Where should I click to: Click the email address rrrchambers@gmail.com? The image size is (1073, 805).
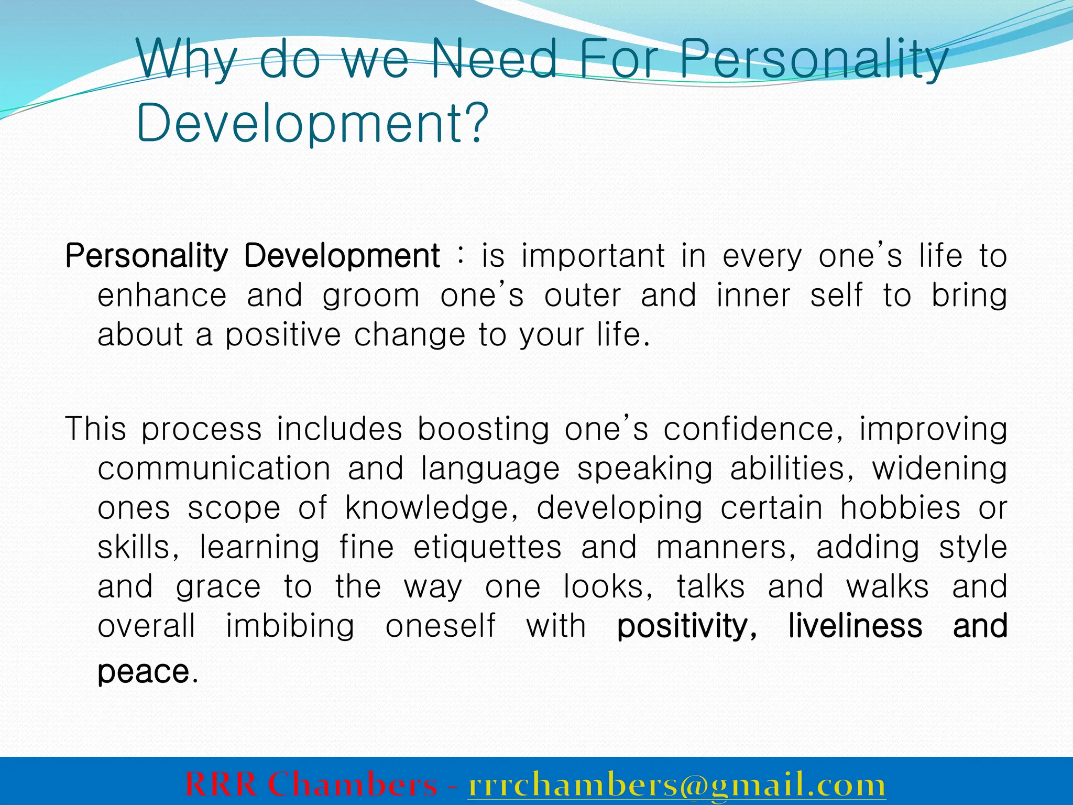point(676,785)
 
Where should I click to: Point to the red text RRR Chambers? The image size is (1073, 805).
point(311,785)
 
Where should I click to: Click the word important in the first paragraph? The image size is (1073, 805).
point(594,256)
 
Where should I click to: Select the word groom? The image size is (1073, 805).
point(371,296)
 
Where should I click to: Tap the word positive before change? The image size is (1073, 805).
point(283,335)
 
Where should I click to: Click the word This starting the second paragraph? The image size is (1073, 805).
point(96,429)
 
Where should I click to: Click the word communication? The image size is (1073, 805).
point(214,468)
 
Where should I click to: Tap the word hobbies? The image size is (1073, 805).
point(901,508)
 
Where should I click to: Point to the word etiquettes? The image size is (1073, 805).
point(487,547)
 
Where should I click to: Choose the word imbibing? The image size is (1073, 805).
point(290,627)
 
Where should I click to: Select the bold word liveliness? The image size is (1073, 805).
point(855,626)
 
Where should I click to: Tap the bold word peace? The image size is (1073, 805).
point(143,673)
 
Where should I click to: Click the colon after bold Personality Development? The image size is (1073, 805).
point(460,256)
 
